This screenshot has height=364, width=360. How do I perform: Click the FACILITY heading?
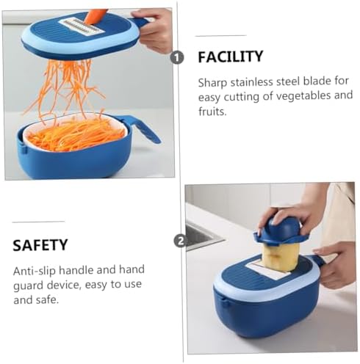pos(231,57)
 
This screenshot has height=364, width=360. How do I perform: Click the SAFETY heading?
pos(40,245)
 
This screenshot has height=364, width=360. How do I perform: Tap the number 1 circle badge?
pos(177,58)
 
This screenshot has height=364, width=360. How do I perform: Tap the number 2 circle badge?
pos(180,241)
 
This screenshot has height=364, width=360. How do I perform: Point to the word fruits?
pos(212,112)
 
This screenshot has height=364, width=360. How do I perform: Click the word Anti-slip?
pos(35,271)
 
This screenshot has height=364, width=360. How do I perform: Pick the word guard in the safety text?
pos(29,285)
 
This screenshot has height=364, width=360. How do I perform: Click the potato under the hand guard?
pos(280,257)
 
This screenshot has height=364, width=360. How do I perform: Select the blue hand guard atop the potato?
pos(278,231)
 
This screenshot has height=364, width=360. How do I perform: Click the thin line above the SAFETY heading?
pos(38,222)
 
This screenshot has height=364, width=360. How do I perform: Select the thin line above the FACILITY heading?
pos(220,36)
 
